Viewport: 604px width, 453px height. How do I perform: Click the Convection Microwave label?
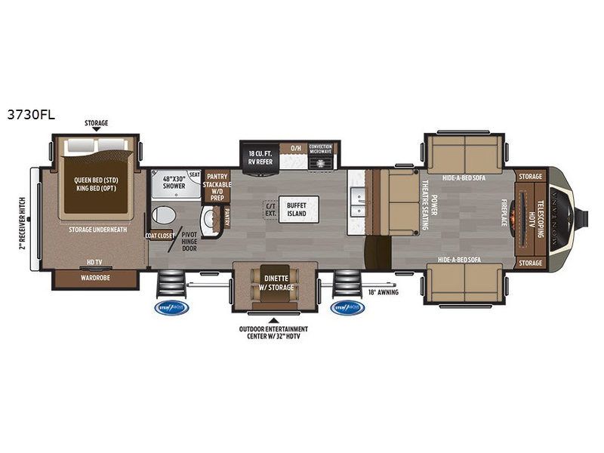tap(321, 148)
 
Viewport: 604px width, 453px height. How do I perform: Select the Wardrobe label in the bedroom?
tap(94, 277)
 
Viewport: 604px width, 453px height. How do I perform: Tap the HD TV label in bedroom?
tap(94, 263)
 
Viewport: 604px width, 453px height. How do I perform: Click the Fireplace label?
tap(504, 214)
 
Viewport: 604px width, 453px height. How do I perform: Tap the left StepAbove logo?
tap(173, 307)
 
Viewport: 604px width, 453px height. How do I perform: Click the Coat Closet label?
tap(160, 236)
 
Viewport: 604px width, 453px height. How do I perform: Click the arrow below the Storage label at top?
tap(96, 129)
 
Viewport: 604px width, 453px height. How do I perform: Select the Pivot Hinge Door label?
tap(189, 240)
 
